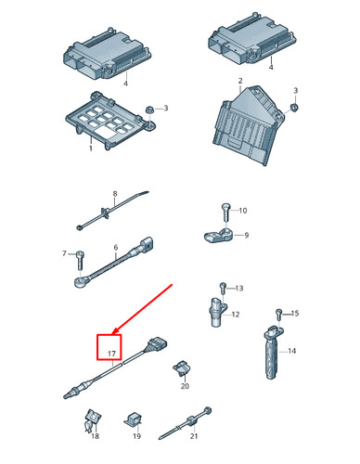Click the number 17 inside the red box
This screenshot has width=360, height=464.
[x=110, y=354]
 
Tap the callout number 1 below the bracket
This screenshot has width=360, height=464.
[x=90, y=148]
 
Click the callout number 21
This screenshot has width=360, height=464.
[x=193, y=435]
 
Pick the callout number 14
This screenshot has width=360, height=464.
[x=291, y=351]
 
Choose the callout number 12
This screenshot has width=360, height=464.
[x=235, y=316]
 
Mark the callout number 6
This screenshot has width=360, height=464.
[x=115, y=248]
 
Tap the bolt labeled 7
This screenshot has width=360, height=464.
[x=80, y=254]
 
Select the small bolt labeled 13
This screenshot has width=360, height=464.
[x=222, y=289]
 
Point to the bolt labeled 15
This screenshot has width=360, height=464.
[x=277, y=314]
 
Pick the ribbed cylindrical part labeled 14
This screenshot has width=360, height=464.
[x=273, y=356]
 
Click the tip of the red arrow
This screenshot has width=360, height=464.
[x=109, y=334]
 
